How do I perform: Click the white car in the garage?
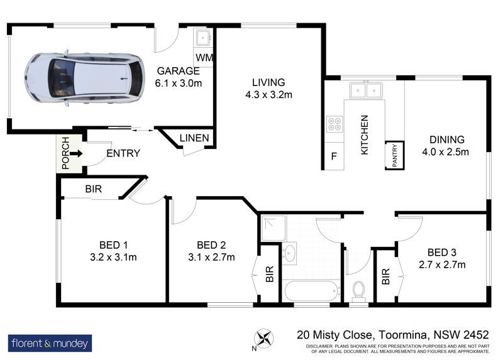[85, 78]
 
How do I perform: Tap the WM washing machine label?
[204, 58]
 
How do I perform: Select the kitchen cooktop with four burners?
[334, 124]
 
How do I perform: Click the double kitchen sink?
[366, 90]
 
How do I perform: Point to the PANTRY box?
[395, 155]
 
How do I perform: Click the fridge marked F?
[334, 156]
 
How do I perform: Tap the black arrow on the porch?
[76, 154]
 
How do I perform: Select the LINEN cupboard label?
[194, 138]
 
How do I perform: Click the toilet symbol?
[358, 292]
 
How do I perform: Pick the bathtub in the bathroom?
[312, 291]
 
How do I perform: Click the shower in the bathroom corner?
[274, 228]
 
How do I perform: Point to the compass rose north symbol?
[263, 339]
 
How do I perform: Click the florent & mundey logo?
[50, 343]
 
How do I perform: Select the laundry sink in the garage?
[203, 38]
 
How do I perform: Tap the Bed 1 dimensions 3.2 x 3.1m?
[114, 257]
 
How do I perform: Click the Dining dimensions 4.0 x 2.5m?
[446, 151]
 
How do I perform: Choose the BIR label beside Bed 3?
[386, 276]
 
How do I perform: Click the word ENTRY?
[123, 153]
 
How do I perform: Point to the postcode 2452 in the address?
[477, 335]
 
